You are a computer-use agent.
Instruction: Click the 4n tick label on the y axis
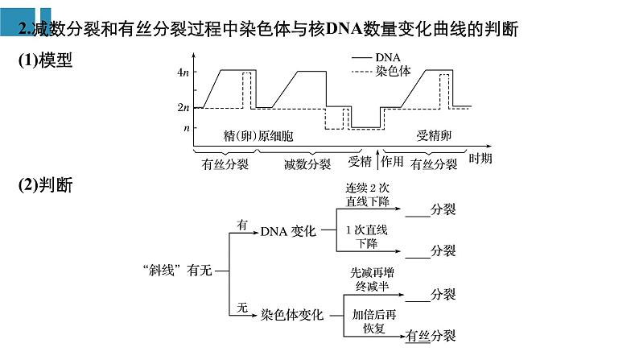coord(183,72)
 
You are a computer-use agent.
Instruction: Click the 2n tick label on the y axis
coord(183,107)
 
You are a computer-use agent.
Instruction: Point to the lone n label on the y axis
coord(186,127)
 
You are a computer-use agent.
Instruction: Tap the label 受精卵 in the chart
coord(433,135)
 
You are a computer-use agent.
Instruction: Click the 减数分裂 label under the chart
coord(307,164)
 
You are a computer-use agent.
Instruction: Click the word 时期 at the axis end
coord(480,157)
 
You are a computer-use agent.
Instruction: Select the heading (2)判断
coord(46,185)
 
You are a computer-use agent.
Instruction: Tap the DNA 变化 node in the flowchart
coord(289,231)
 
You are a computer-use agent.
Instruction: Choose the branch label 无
coord(241,307)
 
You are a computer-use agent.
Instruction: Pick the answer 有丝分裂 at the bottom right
coord(431,336)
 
